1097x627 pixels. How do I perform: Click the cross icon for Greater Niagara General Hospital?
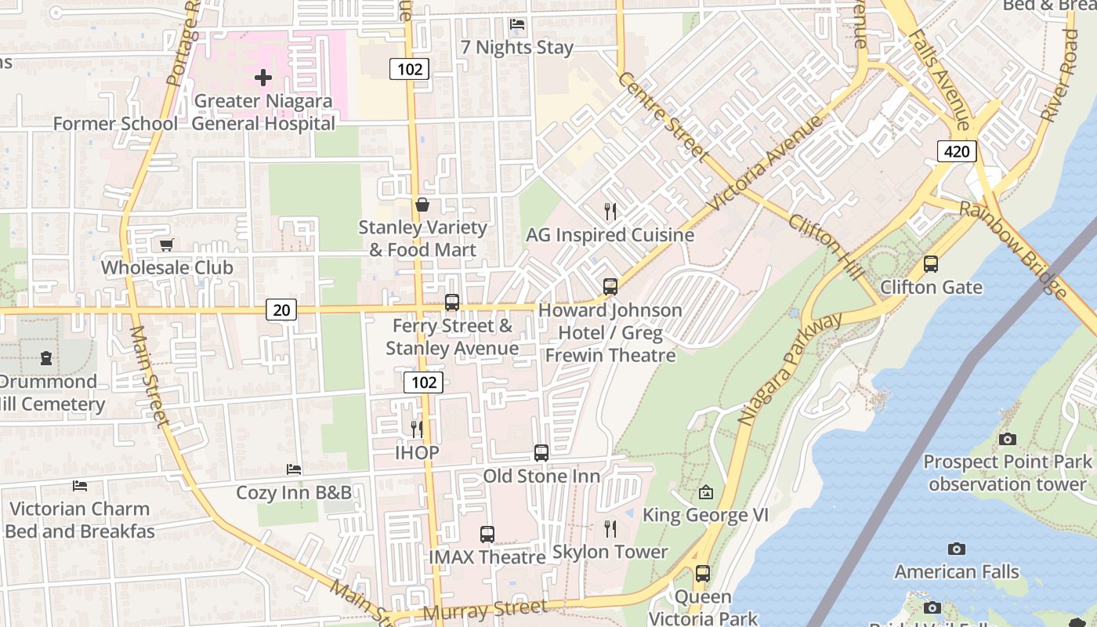(x=263, y=78)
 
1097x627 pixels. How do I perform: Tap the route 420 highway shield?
(x=957, y=151)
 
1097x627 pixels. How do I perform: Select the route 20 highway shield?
(x=281, y=310)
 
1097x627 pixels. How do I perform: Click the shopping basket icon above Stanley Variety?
(x=422, y=205)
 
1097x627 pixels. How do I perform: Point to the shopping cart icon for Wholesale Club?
(x=166, y=245)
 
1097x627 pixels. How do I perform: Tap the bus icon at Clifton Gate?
(x=931, y=264)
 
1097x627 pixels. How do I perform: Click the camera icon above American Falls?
(x=956, y=549)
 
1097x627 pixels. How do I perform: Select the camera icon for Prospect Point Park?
(x=1008, y=439)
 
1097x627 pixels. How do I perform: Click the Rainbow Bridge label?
(x=1014, y=249)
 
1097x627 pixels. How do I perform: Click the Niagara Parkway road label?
(x=789, y=369)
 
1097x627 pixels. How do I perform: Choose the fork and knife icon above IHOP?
(x=417, y=429)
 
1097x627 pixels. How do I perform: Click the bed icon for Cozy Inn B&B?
(x=294, y=469)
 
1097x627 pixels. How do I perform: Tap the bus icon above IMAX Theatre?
(x=487, y=535)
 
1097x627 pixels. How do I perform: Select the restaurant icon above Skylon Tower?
(x=610, y=529)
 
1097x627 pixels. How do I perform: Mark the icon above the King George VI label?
(x=706, y=492)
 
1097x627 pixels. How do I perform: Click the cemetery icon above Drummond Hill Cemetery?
(x=47, y=358)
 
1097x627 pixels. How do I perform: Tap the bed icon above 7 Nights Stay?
(x=517, y=24)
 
